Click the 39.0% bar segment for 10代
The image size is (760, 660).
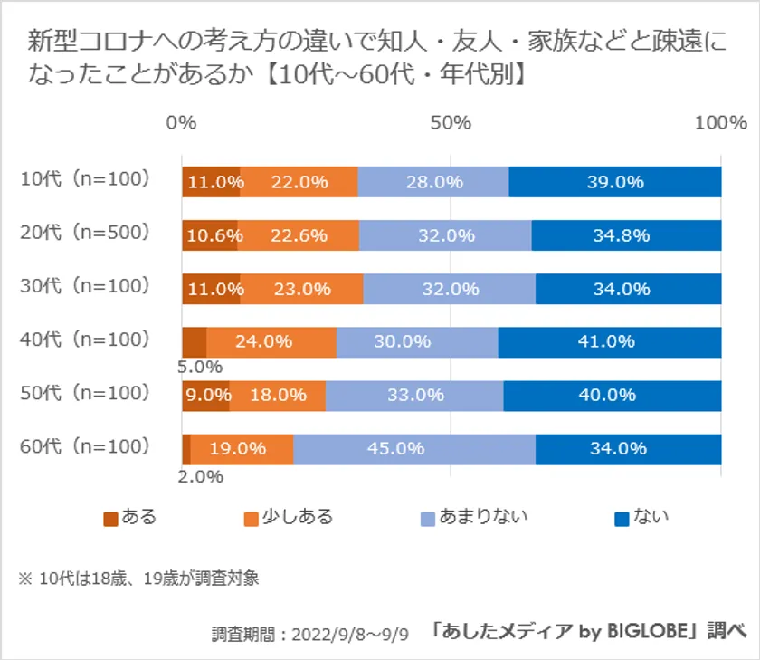615,182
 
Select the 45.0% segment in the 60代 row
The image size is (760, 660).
414,449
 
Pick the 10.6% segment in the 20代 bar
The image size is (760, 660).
210,235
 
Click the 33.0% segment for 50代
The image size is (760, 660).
414,396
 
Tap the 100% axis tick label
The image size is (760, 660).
720,123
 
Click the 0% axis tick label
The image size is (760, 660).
182,123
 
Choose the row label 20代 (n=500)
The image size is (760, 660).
84,233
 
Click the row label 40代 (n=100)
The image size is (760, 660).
84,340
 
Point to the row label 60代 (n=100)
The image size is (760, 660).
84,446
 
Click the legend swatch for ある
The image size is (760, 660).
111,519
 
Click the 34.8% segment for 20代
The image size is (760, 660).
626,235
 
